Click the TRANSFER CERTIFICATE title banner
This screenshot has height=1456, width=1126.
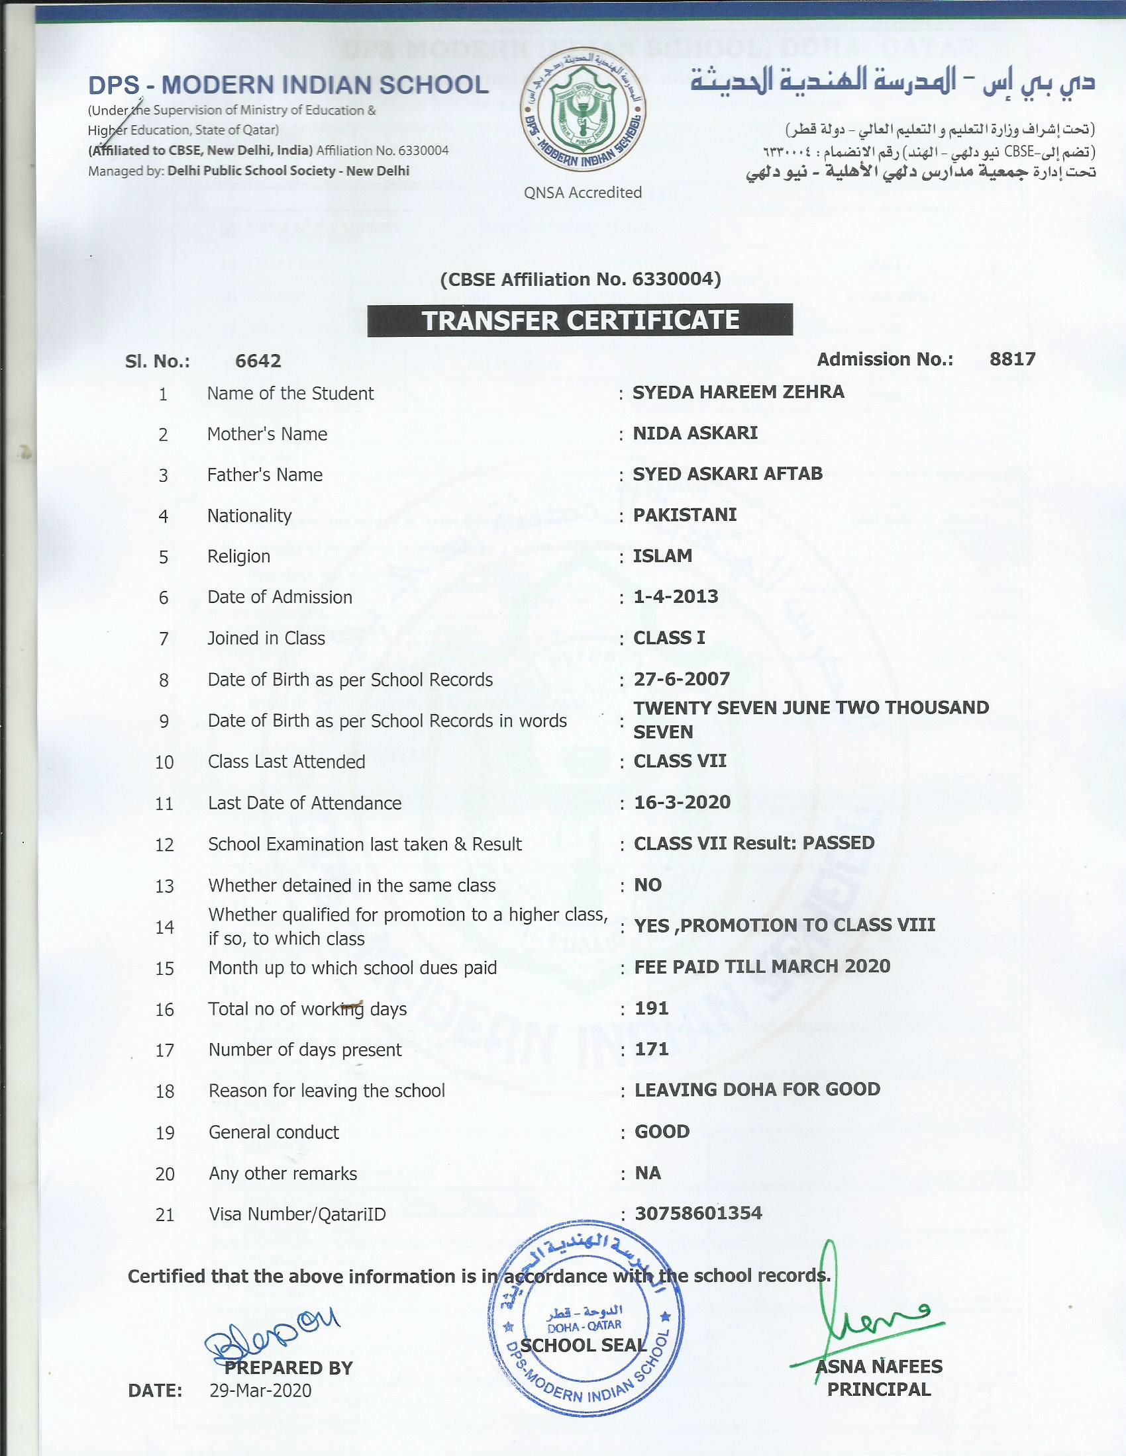(580, 320)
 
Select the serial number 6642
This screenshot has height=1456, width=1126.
(258, 361)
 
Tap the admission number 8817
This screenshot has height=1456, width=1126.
(1012, 359)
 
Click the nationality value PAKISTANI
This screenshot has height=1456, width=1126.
(684, 516)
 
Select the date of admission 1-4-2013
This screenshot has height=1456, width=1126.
(676, 597)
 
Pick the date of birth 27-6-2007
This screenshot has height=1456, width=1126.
(682, 679)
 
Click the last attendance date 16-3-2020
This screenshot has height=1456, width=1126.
(682, 802)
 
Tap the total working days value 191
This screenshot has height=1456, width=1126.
(651, 1008)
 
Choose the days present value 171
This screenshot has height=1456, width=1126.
(651, 1050)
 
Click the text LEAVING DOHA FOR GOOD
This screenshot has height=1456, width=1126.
(757, 1090)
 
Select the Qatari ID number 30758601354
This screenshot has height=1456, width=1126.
(697, 1212)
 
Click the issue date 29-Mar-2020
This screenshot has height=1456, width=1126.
(260, 1390)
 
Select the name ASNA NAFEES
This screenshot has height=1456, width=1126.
(879, 1366)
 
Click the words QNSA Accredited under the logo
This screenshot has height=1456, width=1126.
(582, 193)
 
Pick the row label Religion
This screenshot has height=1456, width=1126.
(238, 557)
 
